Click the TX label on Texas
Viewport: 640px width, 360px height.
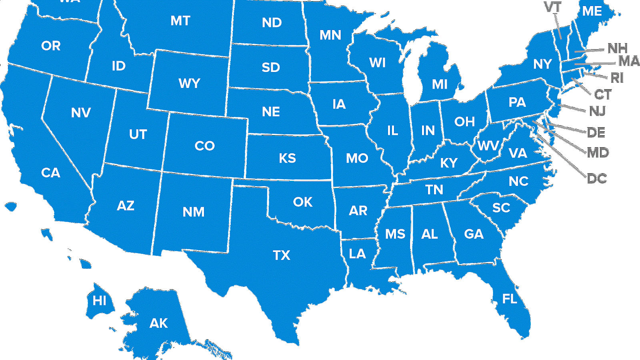pyautogui.click(x=281, y=255)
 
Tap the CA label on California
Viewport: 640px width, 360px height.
pyautogui.click(x=51, y=173)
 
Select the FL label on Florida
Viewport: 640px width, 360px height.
pyautogui.click(x=510, y=299)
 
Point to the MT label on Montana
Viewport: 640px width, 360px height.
pyautogui.click(x=180, y=21)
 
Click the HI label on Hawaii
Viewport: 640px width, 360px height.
pyautogui.click(x=100, y=300)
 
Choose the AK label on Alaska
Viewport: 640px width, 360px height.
pyautogui.click(x=158, y=323)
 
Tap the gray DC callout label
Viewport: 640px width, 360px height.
pyautogui.click(x=597, y=178)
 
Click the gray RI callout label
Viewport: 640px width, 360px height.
pyautogui.click(x=617, y=78)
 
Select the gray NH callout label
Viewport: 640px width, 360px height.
pyautogui.click(x=617, y=49)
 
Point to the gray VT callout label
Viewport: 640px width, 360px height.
pyautogui.click(x=553, y=7)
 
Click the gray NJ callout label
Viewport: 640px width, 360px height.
pyautogui.click(x=597, y=111)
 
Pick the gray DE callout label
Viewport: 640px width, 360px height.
pyautogui.click(x=596, y=132)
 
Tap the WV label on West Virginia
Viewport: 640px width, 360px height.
pyautogui.click(x=488, y=146)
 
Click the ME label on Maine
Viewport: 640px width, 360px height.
pyautogui.click(x=592, y=11)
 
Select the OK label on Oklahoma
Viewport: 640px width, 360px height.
pyautogui.click(x=302, y=202)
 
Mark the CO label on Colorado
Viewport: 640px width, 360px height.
pyautogui.click(x=205, y=146)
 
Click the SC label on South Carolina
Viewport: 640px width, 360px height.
pyautogui.click(x=501, y=208)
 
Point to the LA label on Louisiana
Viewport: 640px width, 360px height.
pyautogui.click(x=357, y=254)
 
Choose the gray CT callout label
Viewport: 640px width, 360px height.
pyautogui.click(x=603, y=95)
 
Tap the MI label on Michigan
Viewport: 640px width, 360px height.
pyautogui.click(x=440, y=84)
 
